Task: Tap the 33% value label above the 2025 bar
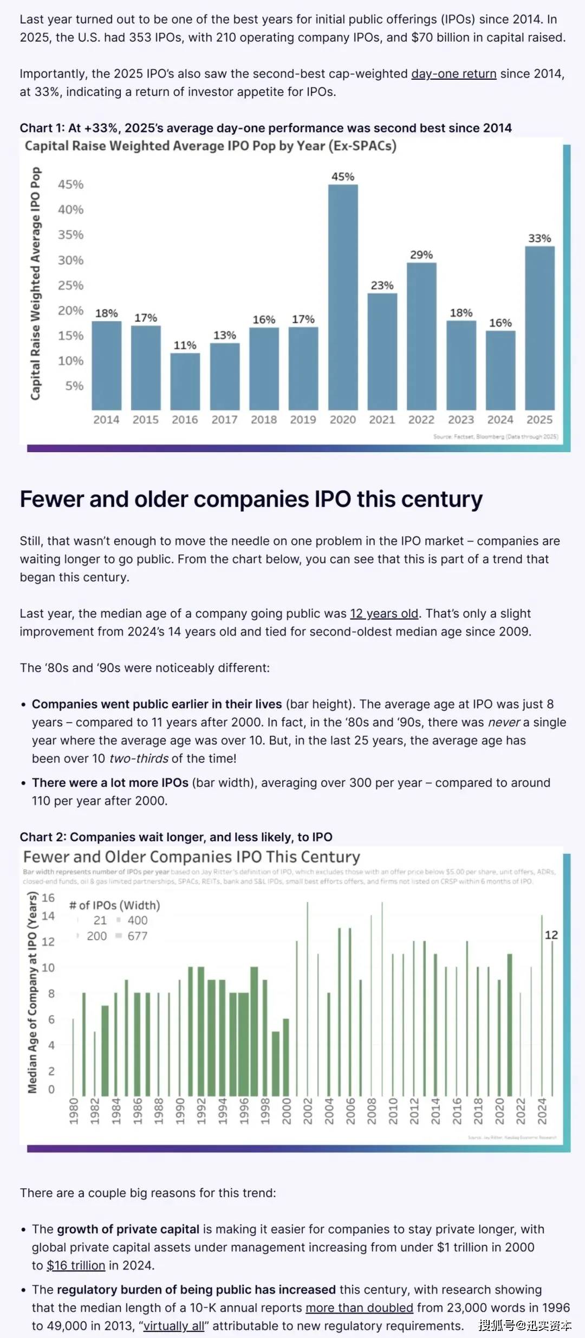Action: click(x=539, y=239)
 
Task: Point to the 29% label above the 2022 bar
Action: click(x=421, y=255)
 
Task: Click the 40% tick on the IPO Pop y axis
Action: click(x=71, y=210)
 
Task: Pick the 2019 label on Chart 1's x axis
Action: click(x=303, y=420)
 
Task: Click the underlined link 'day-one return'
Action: click(x=453, y=74)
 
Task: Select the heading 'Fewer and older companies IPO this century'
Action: click(x=251, y=499)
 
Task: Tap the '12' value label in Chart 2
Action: click(x=551, y=935)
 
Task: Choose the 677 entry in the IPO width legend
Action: click(x=138, y=936)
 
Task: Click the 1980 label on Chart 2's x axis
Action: click(x=74, y=1111)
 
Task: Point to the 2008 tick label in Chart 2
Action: click(x=372, y=1111)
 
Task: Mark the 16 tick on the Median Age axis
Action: click(x=48, y=898)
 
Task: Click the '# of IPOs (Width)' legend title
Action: click(x=114, y=905)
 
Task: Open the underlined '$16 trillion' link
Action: click(x=76, y=1265)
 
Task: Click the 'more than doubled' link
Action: click(x=359, y=1308)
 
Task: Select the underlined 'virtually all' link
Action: click(x=174, y=1326)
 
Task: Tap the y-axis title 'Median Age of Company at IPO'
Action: click(x=32, y=992)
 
